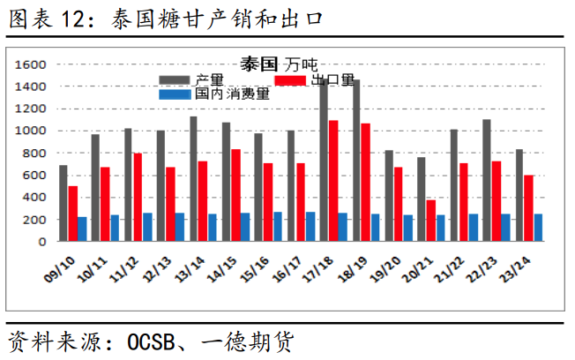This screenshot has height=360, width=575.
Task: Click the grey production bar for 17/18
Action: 324,159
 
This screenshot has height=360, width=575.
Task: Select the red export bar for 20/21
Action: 430,221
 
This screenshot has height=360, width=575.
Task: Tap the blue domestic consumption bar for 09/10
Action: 82,229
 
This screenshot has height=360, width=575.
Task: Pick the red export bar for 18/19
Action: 365,182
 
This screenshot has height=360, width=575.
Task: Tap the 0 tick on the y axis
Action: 42,241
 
